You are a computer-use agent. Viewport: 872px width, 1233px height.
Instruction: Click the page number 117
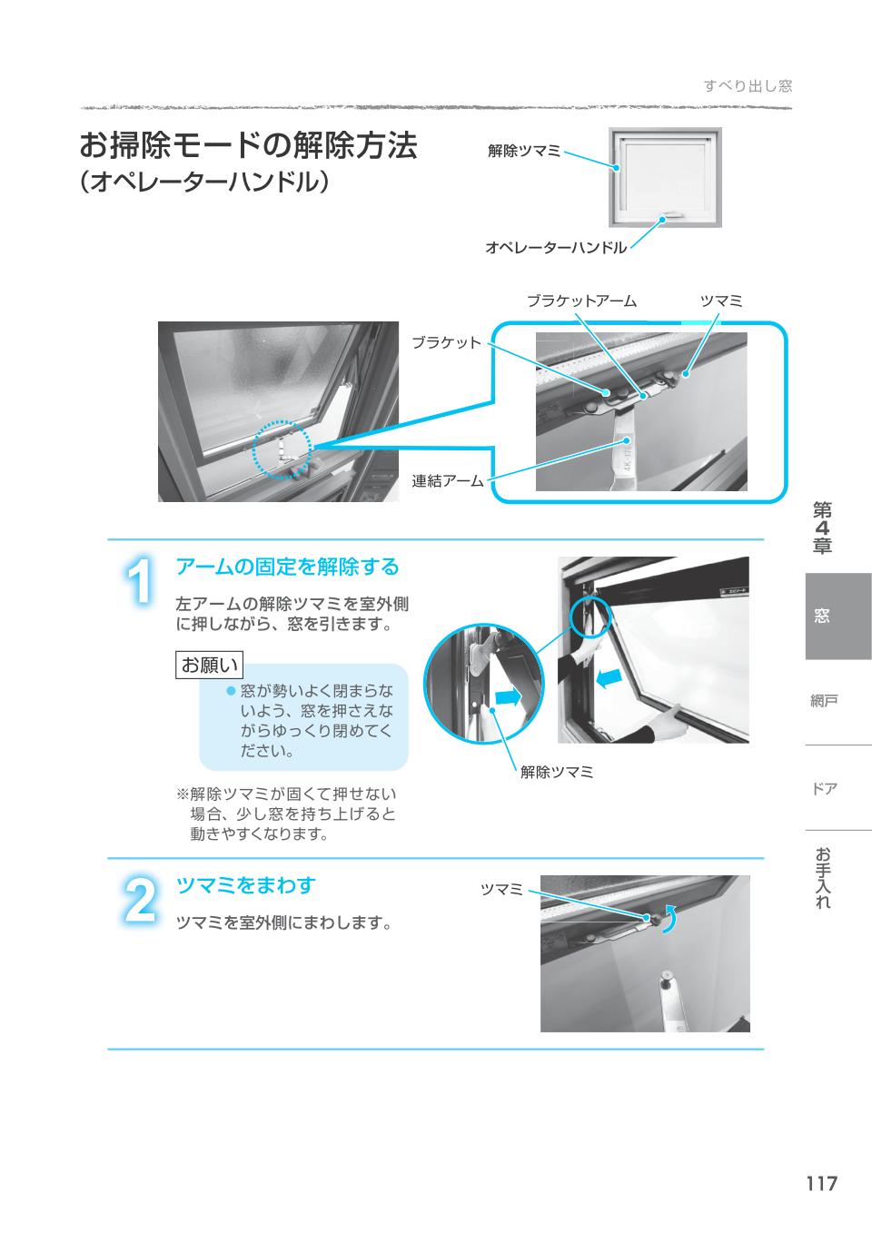click(822, 1183)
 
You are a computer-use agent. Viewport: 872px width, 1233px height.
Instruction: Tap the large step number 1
click(140, 581)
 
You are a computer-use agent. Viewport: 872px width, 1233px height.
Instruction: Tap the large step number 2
click(140, 901)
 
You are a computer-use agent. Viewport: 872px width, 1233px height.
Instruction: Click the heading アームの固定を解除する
click(287, 567)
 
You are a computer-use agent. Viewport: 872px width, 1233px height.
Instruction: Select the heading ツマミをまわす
click(245, 885)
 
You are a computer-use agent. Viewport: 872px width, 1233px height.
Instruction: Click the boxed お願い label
click(209, 665)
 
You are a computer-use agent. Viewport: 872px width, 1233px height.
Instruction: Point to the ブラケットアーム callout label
click(582, 301)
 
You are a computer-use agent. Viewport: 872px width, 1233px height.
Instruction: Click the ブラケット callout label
click(447, 343)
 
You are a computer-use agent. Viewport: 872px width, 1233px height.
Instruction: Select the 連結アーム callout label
click(448, 481)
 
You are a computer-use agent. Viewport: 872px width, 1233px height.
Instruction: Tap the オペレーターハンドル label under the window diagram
click(556, 248)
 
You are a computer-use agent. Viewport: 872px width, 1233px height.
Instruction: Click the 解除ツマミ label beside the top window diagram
click(524, 151)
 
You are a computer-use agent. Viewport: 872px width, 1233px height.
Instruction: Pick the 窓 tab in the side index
click(821, 616)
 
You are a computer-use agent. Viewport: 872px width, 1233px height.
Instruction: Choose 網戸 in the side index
click(824, 701)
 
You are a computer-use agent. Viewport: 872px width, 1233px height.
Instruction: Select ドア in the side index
click(824, 788)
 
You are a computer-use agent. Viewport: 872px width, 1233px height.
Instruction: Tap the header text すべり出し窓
click(748, 86)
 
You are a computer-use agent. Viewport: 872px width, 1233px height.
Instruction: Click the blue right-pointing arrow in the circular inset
click(508, 698)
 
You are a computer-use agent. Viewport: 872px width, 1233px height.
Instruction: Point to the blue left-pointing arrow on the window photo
click(609, 679)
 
